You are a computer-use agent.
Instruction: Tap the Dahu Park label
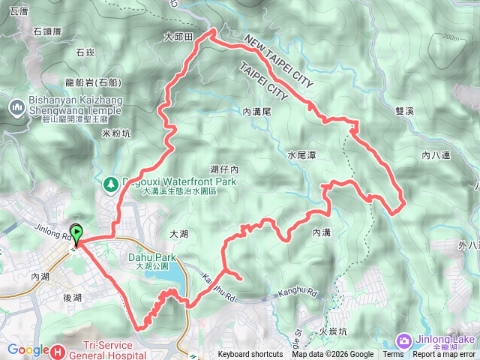(156, 257)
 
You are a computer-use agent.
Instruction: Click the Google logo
(28, 349)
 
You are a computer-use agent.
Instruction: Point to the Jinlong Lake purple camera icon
(403, 341)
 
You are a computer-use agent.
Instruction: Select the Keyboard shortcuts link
(250, 355)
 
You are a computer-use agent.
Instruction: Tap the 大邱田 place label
(178, 36)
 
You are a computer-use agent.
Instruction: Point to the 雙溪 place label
(404, 110)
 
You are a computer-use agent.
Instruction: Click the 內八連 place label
(435, 155)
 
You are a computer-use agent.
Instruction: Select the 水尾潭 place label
(302, 155)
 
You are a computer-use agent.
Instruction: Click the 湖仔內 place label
(224, 169)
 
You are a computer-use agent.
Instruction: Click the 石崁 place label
(84, 52)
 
